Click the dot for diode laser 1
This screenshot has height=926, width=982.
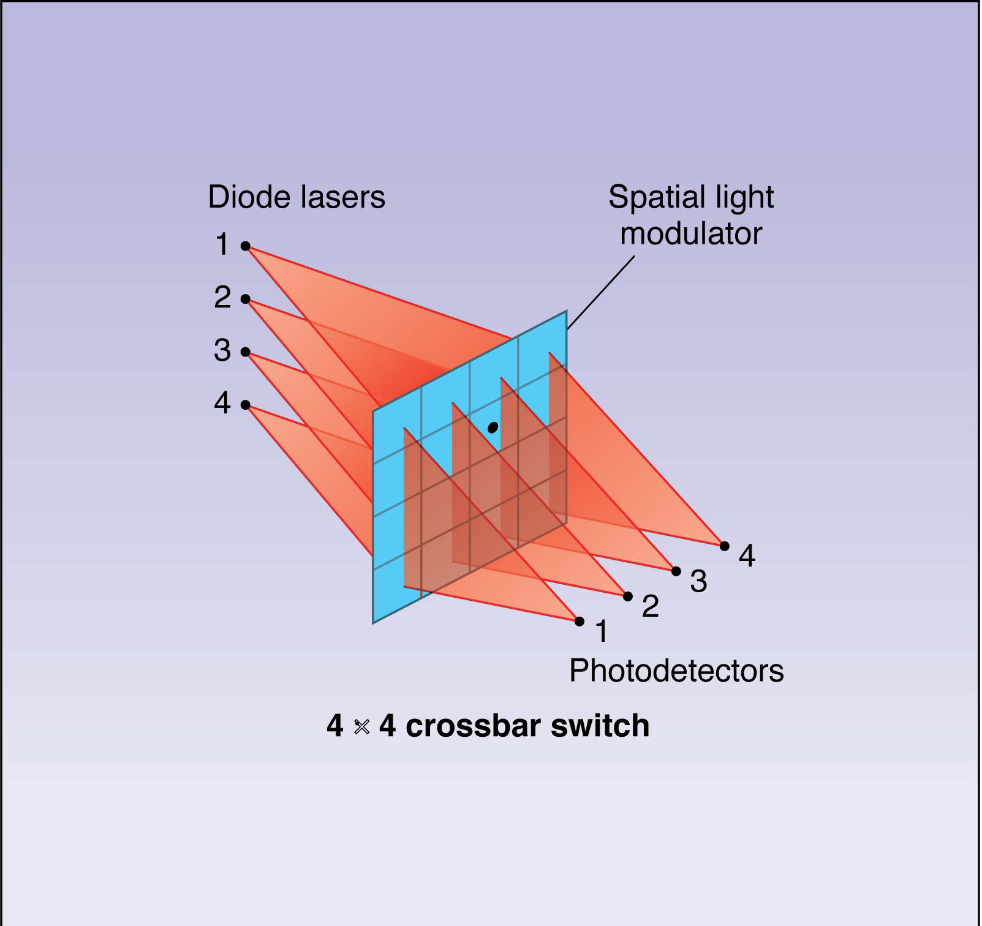245,246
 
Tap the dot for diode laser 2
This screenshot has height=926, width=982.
245,299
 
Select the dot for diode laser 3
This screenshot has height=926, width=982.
245,352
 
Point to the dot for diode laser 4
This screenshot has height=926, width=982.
245,405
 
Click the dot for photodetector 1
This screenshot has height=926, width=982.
580,622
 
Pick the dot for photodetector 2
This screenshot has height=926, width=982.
628,596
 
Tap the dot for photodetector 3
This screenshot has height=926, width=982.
676,571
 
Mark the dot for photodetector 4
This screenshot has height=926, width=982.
725,546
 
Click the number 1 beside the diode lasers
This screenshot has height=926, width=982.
222,245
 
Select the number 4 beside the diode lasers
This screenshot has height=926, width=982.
222,404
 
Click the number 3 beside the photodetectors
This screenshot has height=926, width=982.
698,581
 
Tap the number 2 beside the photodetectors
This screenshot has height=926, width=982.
650,606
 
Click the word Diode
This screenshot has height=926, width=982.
247,197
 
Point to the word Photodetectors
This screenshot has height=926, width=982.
676,671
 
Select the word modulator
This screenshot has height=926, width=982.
691,234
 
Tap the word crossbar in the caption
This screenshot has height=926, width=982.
473,726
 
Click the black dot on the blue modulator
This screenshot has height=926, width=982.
493,427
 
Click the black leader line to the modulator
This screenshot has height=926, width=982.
600,293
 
